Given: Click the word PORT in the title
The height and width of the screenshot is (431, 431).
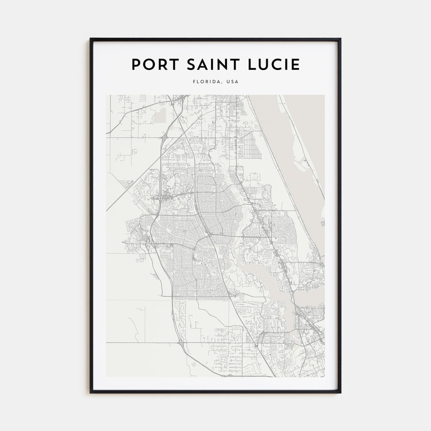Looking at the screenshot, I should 152,65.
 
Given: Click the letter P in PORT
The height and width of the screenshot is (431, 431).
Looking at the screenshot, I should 135,65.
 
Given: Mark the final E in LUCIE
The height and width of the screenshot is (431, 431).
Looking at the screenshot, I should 296,65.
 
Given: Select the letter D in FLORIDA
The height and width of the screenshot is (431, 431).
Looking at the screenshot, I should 214,82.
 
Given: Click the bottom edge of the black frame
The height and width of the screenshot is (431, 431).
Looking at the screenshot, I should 215,392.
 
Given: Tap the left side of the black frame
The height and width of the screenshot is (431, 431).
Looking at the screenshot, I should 91,215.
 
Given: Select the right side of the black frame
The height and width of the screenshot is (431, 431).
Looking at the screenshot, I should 340,215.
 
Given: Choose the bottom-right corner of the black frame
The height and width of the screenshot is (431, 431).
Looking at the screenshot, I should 340,392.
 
